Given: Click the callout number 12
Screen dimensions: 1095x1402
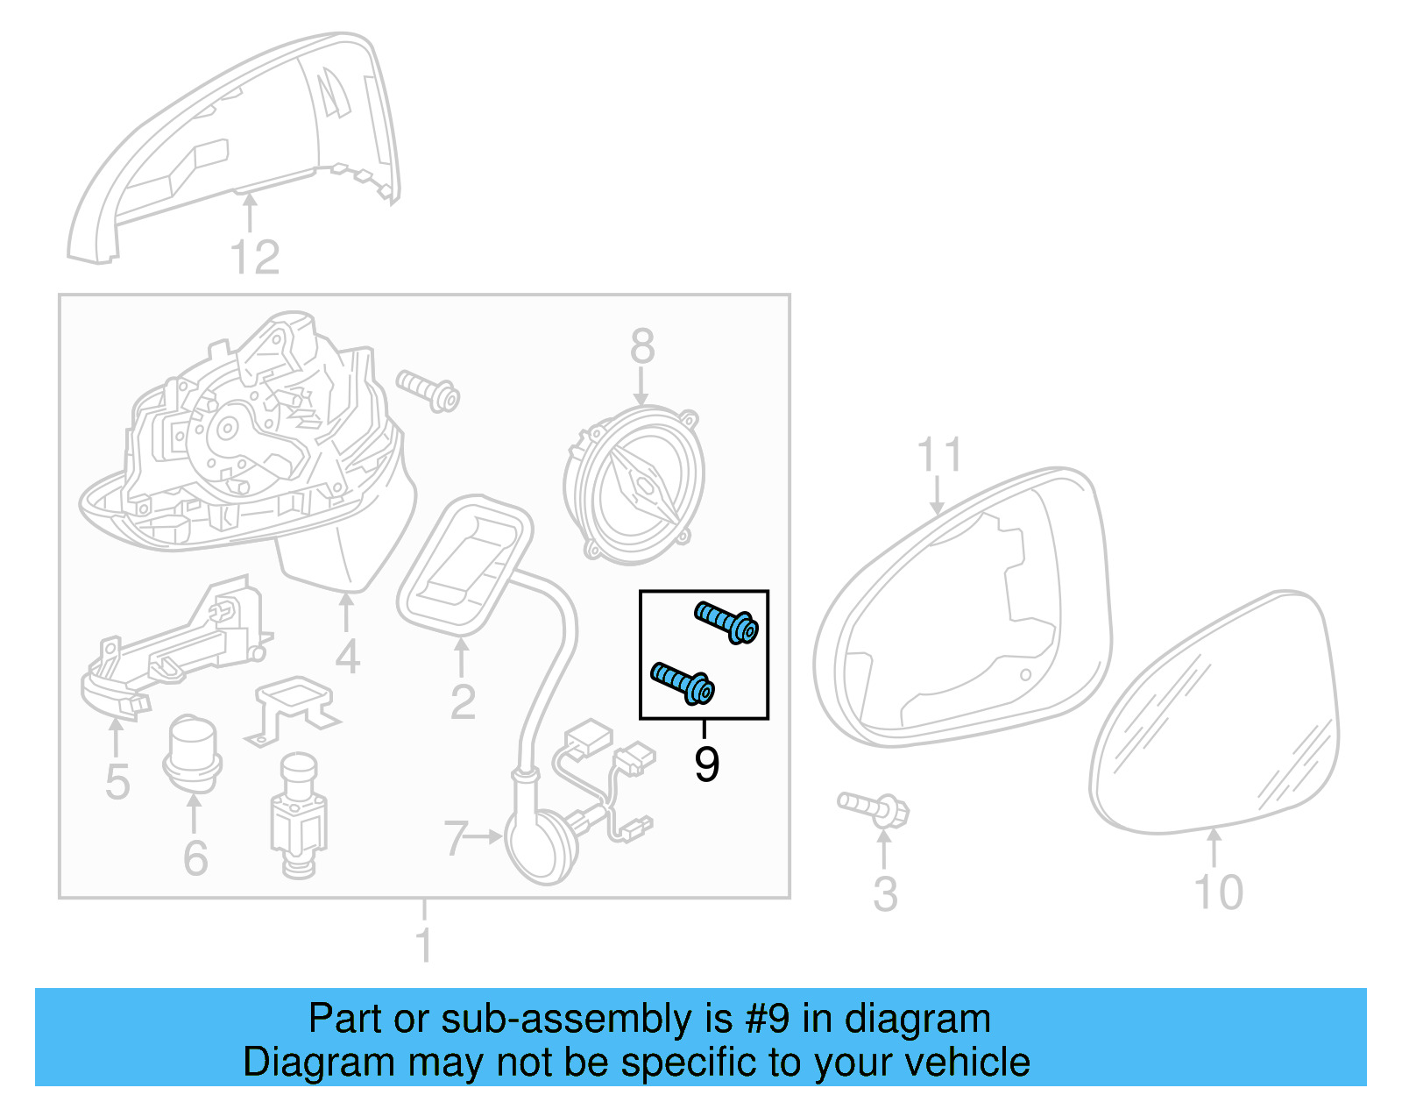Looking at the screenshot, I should (254, 258).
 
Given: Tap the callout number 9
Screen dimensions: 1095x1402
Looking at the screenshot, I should (706, 764).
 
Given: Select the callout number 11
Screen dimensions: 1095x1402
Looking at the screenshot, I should (939, 455).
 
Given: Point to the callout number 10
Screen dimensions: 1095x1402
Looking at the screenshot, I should (1218, 892).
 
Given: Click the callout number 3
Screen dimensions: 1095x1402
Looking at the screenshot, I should (885, 894).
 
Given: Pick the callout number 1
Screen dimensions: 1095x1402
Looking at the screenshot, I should (424, 945).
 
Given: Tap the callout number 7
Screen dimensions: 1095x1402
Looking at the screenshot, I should (455, 838).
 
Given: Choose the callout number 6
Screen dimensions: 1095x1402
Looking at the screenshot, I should (195, 857).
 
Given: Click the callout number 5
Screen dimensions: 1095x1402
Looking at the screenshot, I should (117, 781).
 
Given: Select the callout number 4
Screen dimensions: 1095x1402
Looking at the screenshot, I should (347, 657).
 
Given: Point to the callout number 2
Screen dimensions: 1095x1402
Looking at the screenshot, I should (462, 701).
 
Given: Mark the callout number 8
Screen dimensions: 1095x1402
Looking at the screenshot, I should (642, 346).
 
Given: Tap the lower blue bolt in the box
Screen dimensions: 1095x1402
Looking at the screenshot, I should (683, 683).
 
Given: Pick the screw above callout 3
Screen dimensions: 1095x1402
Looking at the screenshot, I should (874, 808).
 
